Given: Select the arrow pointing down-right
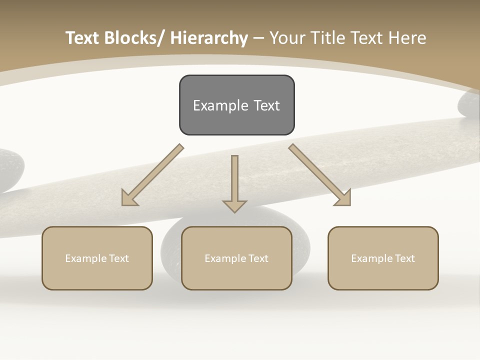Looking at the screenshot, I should coord(320,175).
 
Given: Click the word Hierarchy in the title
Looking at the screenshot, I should coord(209,38).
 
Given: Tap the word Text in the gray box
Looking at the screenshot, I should coord(266,105).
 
